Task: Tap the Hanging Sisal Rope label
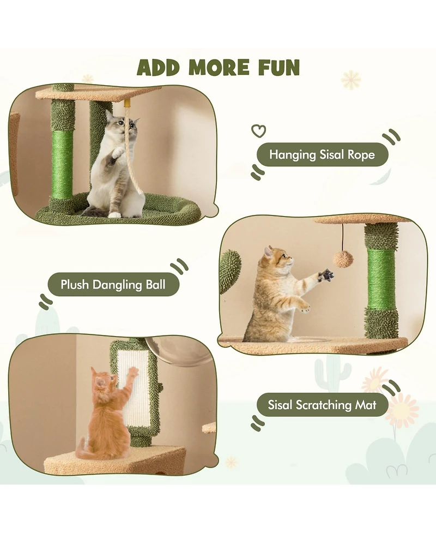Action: (322, 155)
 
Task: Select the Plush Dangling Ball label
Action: (113, 285)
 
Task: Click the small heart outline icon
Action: (258, 131)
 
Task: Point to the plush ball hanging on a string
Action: (342, 259)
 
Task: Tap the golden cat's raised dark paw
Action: (326, 274)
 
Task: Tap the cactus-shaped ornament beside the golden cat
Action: (231, 271)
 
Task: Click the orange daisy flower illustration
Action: (402, 410)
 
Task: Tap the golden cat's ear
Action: (268, 251)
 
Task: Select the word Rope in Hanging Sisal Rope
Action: (360, 155)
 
